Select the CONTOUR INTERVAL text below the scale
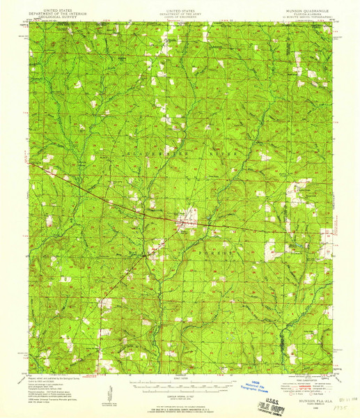click(182, 392)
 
